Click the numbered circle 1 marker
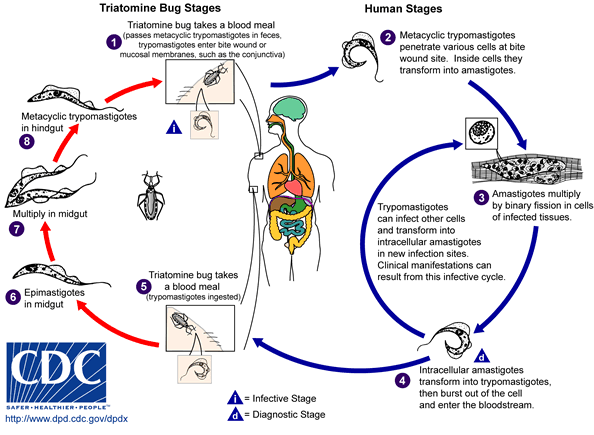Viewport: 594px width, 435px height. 113,42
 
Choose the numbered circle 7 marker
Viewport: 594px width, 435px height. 14,229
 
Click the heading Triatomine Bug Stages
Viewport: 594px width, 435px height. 155,9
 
